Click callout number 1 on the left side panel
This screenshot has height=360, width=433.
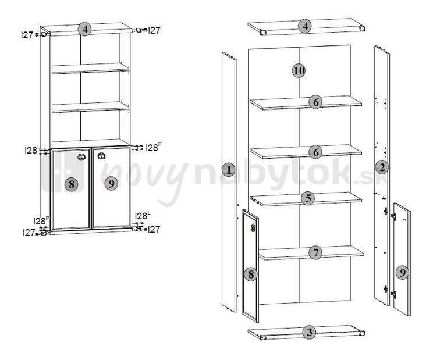point(229,170)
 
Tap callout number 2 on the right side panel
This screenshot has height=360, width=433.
point(382,167)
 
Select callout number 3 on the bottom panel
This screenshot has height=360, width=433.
point(310,332)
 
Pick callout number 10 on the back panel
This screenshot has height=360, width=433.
point(299,70)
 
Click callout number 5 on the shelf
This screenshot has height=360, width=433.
point(308,198)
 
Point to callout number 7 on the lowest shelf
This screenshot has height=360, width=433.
point(315,252)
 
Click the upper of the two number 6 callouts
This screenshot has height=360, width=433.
point(315,102)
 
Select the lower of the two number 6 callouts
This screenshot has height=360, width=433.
point(315,152)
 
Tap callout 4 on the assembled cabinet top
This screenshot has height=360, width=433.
point(85,29)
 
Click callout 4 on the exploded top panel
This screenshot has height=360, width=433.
point(305,27)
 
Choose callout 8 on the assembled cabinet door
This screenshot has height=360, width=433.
point(72,184)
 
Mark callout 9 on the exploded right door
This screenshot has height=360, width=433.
point(402,273)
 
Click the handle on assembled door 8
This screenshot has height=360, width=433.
point(81,156)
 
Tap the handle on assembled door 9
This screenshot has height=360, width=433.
point(101,156)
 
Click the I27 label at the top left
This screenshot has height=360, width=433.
point(27,35)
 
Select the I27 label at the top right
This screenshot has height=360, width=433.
point(154,30)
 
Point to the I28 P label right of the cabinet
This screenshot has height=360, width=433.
point(152,147)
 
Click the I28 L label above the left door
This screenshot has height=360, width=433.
point(31,150)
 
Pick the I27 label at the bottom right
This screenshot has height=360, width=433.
point(154,230)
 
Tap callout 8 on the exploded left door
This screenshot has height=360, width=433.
point(251,274)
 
